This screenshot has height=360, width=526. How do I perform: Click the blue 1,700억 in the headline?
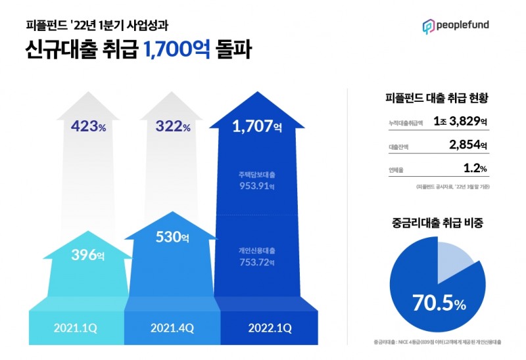click(176, 50)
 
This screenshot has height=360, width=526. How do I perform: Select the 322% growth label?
click(173, 127)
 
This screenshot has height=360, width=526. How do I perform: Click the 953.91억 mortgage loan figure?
click(256, 186)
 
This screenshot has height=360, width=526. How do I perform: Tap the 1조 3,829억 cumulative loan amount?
click(460, 122)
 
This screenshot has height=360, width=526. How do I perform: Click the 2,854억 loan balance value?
click(464, 145)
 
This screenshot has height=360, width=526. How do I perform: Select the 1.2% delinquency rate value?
click(475, 169)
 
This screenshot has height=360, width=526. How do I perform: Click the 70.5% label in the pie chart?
click(439, 304)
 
